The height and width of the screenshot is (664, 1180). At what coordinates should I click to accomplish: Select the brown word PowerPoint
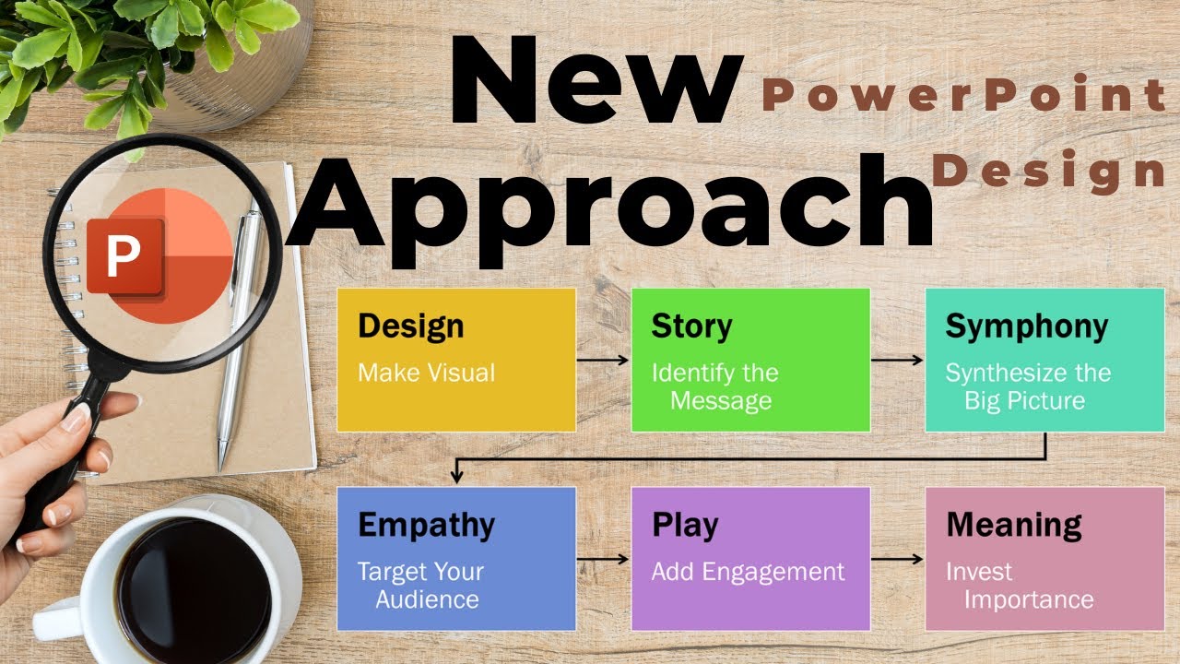(x=964, y=96)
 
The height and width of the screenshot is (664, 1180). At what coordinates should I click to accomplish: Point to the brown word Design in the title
(x=1049, y=172)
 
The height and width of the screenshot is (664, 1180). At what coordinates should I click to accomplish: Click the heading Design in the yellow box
(x=410, y=326)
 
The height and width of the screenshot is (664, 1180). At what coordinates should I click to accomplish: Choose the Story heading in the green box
(x=691, y=326)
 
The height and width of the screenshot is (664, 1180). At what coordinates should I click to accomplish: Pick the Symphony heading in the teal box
(x=1026, y=326)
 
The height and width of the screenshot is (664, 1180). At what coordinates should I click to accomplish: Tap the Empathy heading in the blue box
(x=426, y=525)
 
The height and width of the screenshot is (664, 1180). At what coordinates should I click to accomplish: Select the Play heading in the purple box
(x=684, y=525)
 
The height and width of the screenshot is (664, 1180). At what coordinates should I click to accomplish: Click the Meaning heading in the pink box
(x=1013, y=525)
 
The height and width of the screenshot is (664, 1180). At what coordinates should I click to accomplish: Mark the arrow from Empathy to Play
(x=603, y=559)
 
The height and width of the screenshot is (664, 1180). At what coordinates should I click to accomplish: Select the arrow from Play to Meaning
(x=897, y=559)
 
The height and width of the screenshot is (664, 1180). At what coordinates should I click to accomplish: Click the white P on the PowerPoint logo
(x=122, y=257)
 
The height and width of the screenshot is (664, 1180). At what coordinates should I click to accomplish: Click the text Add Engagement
(x=748, y=572)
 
